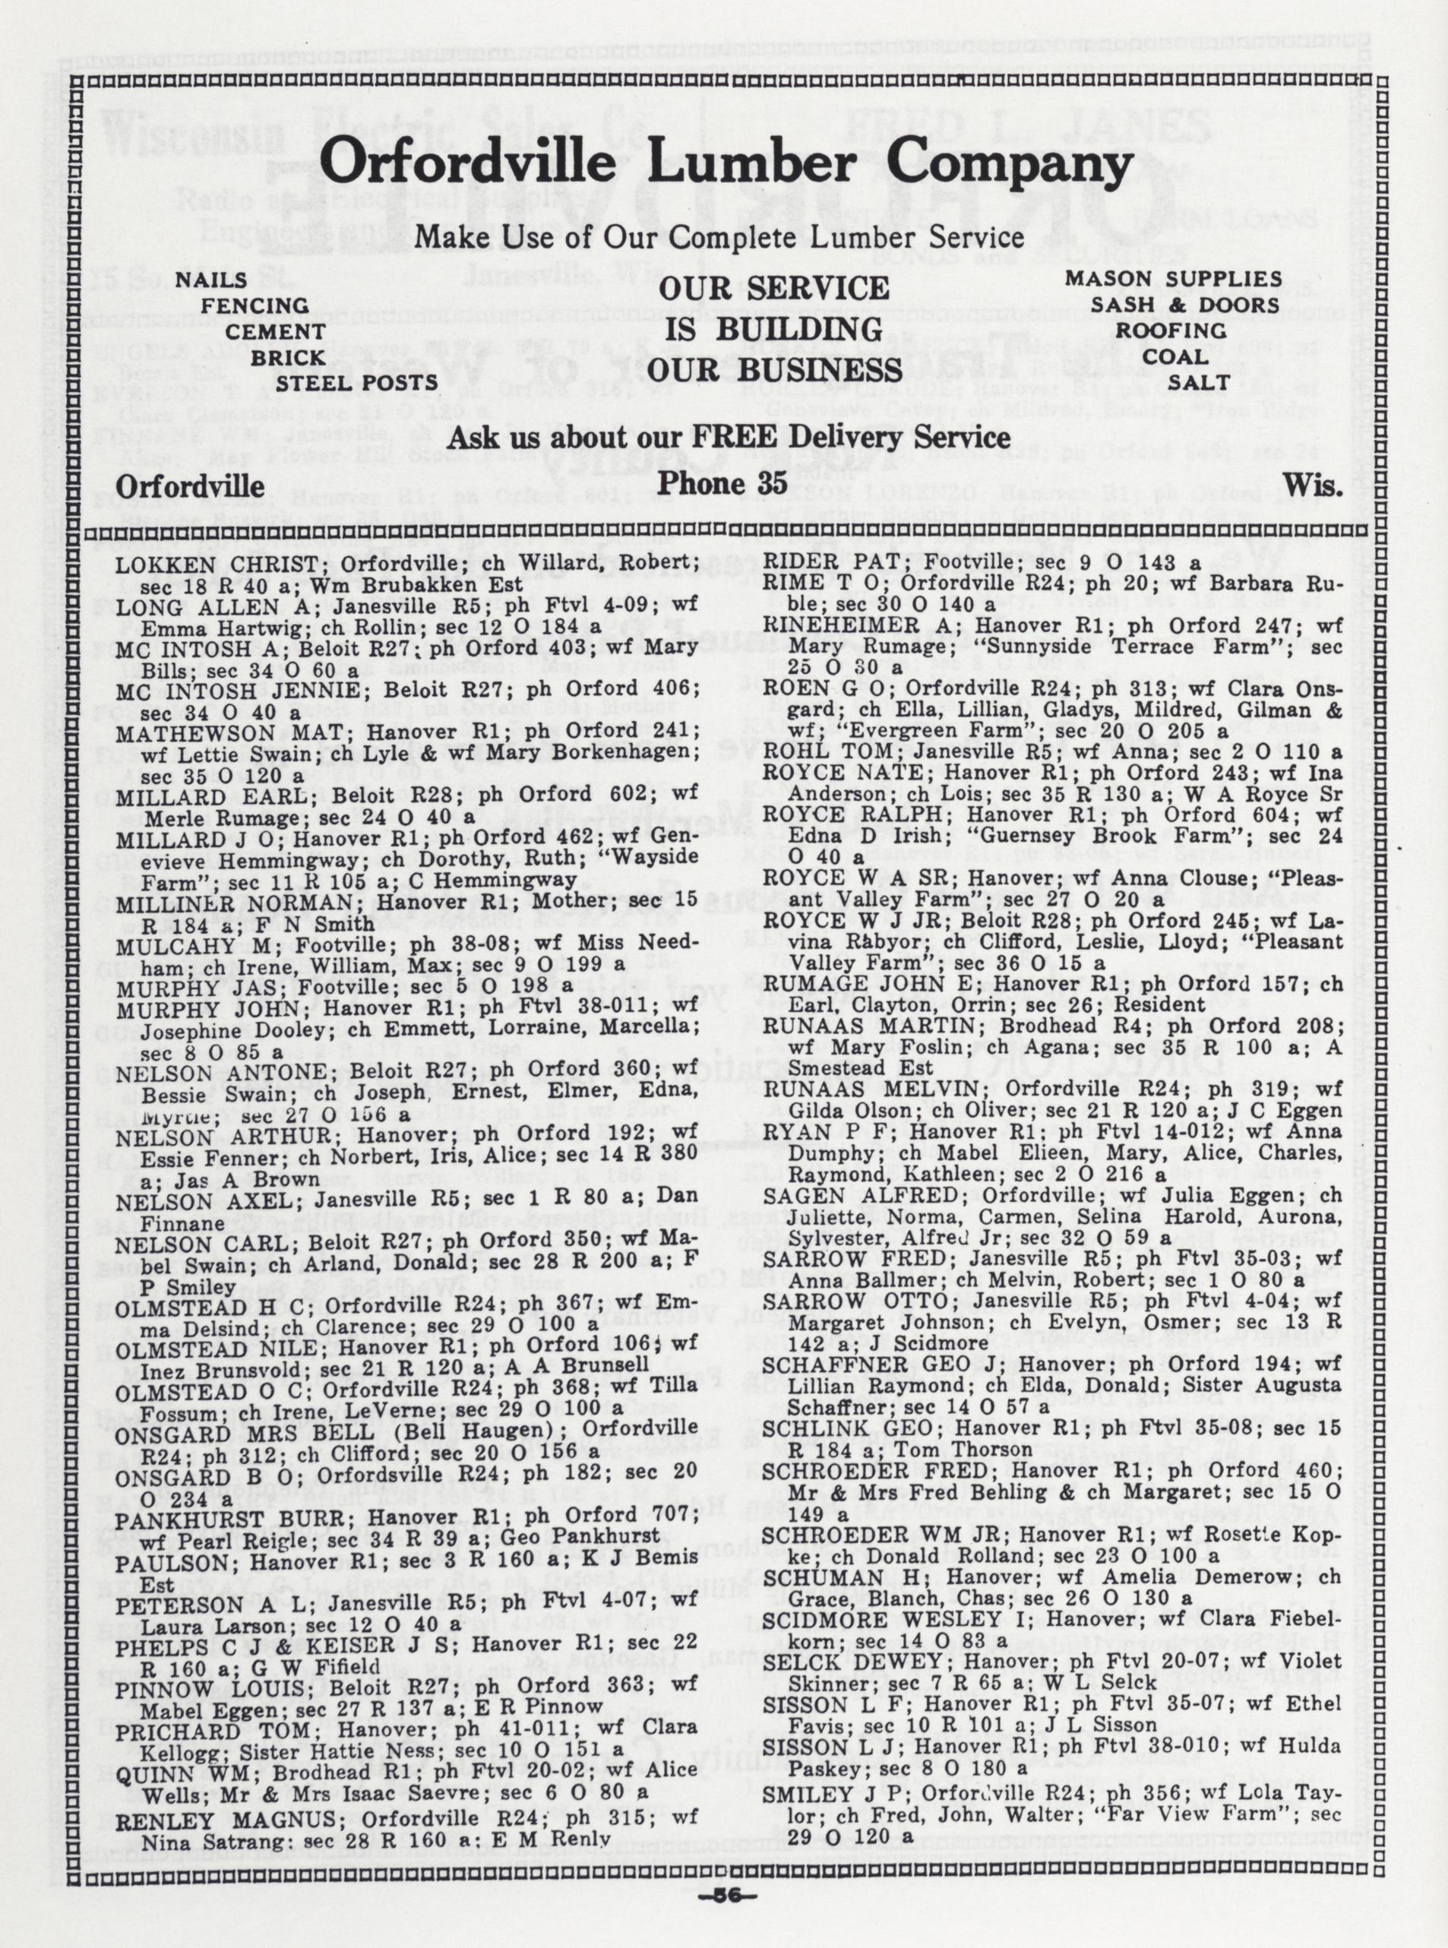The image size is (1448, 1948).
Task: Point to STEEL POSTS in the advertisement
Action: click(357, 383)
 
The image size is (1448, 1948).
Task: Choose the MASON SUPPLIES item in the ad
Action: click(1173, 279)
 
